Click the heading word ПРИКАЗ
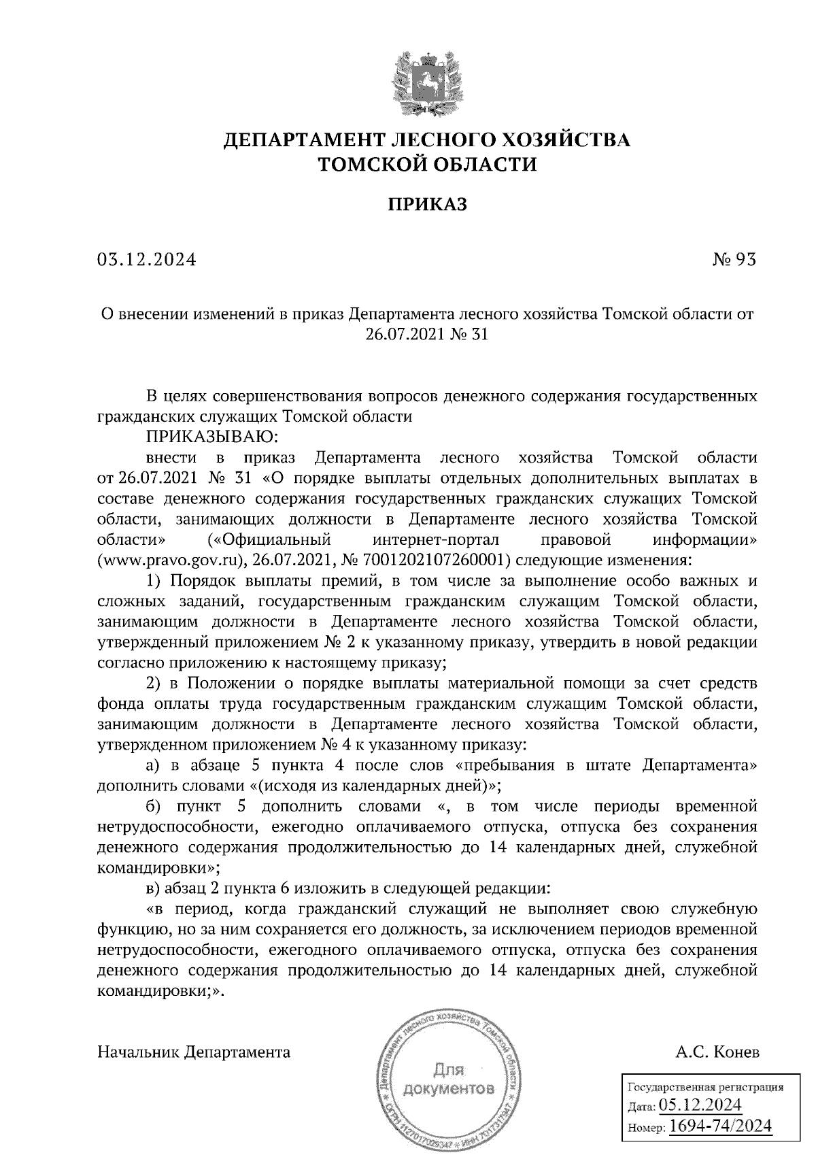click(427, 204)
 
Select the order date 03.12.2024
click(146, 259)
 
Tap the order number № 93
click(733, 259)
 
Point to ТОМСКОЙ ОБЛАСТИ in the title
click(427, 165)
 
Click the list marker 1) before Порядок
click(154, 581)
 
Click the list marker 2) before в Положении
click(154, 683)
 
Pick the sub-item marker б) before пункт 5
click(153, 807)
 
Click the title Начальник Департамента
click(194, 1052)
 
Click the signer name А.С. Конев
click(717, 1052)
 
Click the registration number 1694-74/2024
click(721, 1126)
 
